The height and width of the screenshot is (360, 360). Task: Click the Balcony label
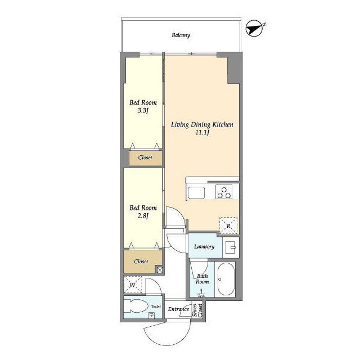tap(181, 35)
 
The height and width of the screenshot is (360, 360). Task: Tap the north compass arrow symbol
tap(255, 29)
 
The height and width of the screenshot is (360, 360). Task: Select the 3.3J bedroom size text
tap(143, 111)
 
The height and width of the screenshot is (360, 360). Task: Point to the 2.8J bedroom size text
tap(143, 216)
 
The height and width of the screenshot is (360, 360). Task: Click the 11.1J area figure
tap(202, 133)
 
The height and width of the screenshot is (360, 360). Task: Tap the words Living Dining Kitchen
tap(202, 124)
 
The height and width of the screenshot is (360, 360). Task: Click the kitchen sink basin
tap(196, 192)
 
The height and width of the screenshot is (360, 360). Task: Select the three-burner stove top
tap(224, 192)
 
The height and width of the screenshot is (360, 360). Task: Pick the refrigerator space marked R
tap(228, 226)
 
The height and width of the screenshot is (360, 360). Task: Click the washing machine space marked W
tap(133, 285)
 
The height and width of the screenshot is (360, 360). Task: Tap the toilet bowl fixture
tap(137, 306)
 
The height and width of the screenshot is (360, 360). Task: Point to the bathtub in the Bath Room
tap(226, 279)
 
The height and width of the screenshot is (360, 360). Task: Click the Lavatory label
tap(204, 246)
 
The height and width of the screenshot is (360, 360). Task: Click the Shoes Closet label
tap(197, 310)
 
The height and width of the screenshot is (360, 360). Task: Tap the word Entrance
tap(178, 309)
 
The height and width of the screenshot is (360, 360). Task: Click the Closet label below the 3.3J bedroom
tap(145, 157)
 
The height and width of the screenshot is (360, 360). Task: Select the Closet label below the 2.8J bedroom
tap(141, 262)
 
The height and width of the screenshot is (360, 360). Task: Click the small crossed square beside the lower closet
tap(160, 269)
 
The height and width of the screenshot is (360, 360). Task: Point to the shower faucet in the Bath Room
tap(201, 294)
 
